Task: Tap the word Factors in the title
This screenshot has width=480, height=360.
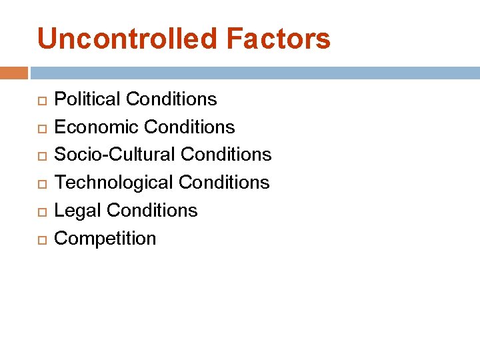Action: point(278,39)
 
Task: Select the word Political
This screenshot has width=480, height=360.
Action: point(87,99)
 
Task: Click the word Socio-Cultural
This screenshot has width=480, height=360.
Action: point(114,155)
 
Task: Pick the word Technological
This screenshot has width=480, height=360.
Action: point(113,183)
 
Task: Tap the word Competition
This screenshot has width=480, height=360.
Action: point(105,239)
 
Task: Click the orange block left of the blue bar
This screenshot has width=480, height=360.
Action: point(14,73)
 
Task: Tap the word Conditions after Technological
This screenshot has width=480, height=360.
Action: point(224,183)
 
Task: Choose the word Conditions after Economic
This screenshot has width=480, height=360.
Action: point(189,127)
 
